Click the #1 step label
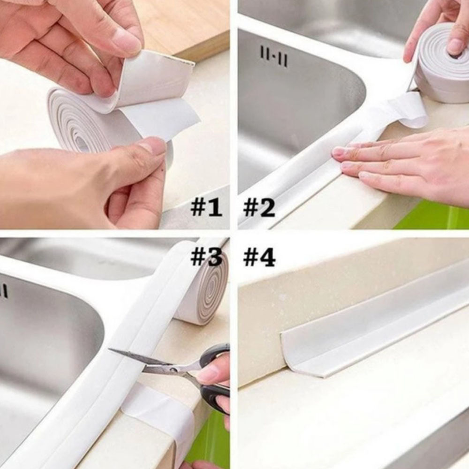coord(206,208)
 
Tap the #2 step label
coord(259,208)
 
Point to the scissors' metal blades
coord(156,363)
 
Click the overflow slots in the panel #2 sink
coord(274,57)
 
